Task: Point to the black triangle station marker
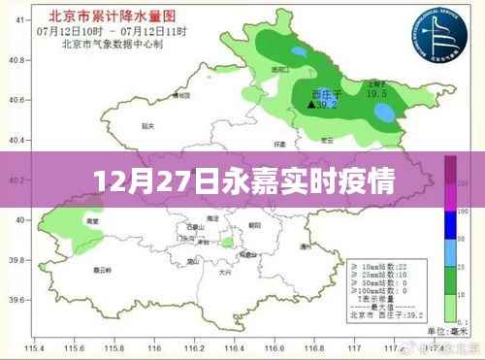(x=311, y=104)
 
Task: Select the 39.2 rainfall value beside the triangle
(x=330, y=104)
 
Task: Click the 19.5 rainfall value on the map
(x=377, y=94)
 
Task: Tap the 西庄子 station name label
(x=317, y=94)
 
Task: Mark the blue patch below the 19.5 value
(x=384, y=113)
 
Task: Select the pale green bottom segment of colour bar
(x=451, y=305)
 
